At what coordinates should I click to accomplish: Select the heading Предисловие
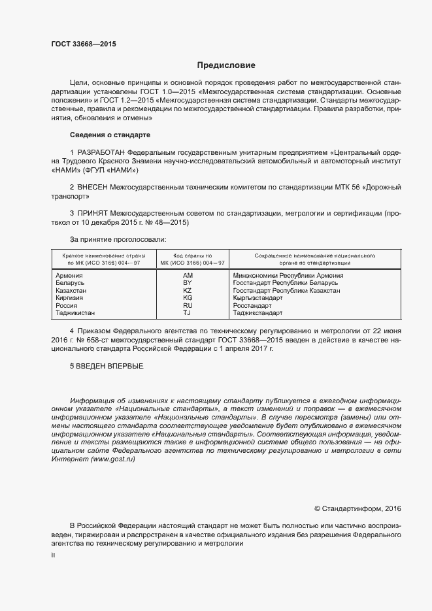[x=226, y=65]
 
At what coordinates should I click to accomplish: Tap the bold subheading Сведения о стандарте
[x=110, y=135]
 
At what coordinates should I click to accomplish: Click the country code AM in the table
[x=188, y=276]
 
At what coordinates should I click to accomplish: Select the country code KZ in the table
[x=188, y=290]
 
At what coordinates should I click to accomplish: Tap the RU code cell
[x=188, y=305]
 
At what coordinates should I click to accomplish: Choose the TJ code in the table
[x=188, y=313]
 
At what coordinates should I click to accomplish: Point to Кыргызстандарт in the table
[x=258, y=298]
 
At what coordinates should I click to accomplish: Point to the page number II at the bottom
[x=53, y=555]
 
